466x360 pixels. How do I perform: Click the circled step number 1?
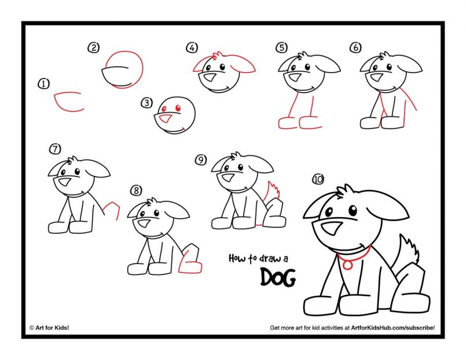tap(43, 84)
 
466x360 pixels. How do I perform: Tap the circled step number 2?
tap(93, 47)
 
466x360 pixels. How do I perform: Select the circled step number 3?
tap(146, 103)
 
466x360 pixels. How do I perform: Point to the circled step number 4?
tap(190, 47)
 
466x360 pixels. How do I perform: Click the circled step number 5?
tap(281, 47)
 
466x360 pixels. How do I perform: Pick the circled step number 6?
tap(355, 47)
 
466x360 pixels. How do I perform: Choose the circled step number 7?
tap(54, 149)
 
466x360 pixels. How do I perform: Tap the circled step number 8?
tap(136, 190)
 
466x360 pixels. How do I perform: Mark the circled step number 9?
tap(200, 160)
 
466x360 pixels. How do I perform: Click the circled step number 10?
tap(317, 179)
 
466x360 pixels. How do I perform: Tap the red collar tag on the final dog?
tap(347, 264)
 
